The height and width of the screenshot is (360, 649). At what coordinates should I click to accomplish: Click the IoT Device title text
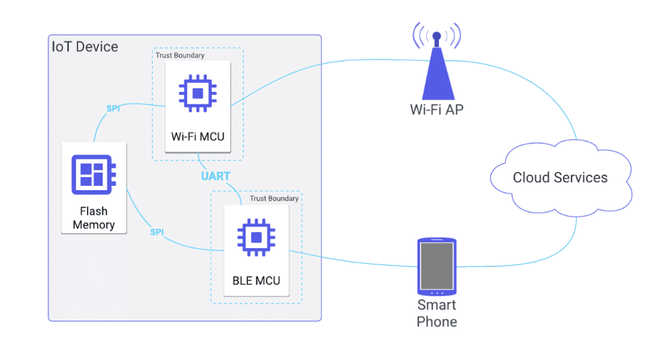click(85, 46)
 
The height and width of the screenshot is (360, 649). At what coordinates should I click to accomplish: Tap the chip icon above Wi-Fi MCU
click(198, 94)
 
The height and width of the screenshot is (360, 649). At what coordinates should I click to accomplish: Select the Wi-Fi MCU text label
click(198, 136)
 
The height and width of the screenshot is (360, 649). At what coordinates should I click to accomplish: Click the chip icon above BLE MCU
click(256, 237)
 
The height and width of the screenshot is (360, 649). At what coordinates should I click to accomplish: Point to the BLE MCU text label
click(256, 281)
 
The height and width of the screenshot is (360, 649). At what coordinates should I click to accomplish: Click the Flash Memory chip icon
click(94, 175)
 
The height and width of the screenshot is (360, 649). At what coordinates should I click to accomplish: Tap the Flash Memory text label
click(94, 218)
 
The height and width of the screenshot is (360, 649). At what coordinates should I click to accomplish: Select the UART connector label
click(216, 176)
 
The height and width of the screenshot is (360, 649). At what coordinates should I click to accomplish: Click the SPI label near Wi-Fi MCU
click(113, 108)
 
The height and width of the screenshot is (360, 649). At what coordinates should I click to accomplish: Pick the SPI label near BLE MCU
click(157, 232)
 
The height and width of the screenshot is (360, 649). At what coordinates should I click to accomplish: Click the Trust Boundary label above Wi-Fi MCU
click(180, 55)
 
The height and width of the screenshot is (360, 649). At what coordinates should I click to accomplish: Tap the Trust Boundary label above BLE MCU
click(274, 198)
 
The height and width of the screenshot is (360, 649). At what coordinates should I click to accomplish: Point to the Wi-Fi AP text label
click(437, 110)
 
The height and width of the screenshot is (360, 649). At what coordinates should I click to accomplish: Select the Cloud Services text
click(560, 177)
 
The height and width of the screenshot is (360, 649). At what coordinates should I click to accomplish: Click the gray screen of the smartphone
click(437, 266)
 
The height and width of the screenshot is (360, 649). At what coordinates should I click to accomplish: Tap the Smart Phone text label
click(437, 313)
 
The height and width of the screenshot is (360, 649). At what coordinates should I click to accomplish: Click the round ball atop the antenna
click(436, 36)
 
